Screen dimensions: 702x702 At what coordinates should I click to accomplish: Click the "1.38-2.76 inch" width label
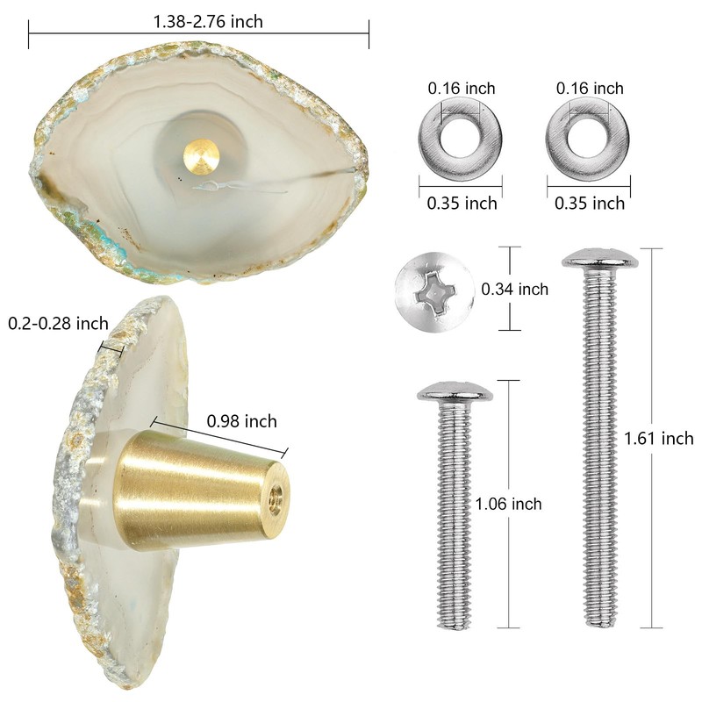(199, 21)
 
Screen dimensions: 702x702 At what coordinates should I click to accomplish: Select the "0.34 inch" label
(515, 289)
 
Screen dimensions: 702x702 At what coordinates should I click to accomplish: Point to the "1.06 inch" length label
(508, 504)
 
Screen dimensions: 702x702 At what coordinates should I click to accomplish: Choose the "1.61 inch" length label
(658, 439)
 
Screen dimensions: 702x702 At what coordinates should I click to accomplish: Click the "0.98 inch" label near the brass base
(241, 421)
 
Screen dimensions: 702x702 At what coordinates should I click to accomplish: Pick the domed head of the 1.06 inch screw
(454, 393)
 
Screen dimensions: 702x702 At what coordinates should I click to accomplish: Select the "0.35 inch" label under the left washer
(462, 203)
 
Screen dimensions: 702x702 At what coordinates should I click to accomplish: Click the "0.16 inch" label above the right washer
(590, 88)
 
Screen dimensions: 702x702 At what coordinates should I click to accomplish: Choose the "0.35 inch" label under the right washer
(590, 203)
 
